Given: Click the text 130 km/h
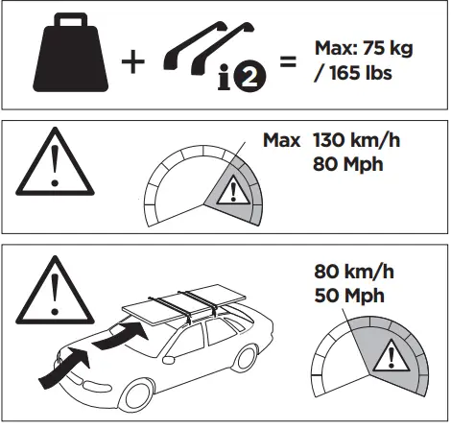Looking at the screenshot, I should pos(356,141).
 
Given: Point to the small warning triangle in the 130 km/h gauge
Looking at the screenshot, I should pos(230,192).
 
